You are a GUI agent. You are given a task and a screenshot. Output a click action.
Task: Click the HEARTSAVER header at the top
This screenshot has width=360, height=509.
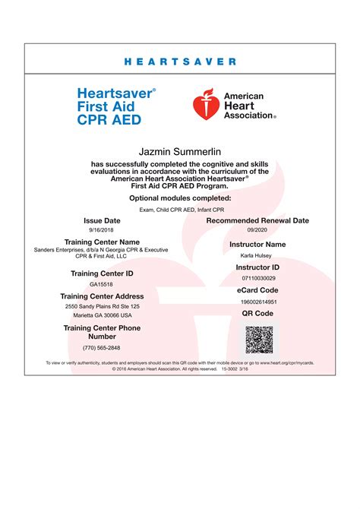[180, 62]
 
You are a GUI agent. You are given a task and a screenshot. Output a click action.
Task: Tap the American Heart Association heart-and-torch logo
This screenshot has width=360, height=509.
[207, 103]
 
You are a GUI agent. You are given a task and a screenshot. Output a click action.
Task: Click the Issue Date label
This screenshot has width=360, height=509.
[103, 220]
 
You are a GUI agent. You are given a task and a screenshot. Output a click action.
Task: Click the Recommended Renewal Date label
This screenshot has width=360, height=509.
[257, 220]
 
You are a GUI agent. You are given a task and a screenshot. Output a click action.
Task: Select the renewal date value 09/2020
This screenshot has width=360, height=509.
[257, 230]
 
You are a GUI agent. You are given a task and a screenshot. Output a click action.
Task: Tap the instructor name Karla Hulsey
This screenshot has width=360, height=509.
[257, 256]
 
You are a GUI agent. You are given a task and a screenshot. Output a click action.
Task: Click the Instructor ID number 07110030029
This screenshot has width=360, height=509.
[257, 279]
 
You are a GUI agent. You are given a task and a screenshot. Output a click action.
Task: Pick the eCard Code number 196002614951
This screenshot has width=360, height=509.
[257, 302]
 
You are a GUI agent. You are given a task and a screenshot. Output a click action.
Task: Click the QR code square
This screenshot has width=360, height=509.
[258, 340]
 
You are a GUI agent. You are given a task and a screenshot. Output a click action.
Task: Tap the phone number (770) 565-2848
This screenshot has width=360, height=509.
[102, 347]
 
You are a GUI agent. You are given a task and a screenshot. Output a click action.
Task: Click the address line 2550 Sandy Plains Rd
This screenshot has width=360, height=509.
[103, 306]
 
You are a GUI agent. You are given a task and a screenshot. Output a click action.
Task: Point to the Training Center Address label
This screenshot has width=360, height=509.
[103, 296]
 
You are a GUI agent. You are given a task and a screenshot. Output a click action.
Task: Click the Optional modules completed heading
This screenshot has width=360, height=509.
[180, 198]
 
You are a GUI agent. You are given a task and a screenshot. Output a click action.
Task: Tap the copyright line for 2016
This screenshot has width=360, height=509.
[180, 369]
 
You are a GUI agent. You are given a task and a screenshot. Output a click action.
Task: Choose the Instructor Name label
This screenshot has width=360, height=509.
[257, 245]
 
